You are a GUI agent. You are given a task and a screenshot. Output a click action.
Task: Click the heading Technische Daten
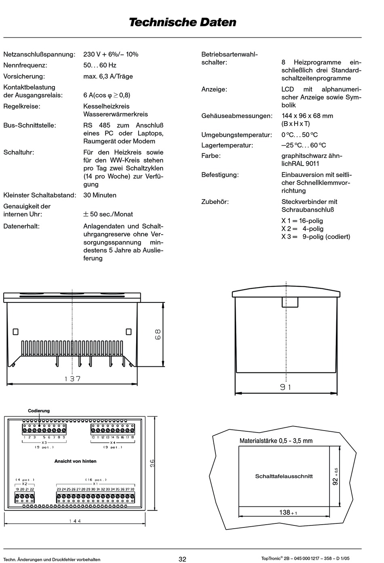point(182,22)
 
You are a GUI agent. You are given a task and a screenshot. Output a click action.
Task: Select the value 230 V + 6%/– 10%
point(111,54)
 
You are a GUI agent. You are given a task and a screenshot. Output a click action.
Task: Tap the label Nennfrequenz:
point(25,65)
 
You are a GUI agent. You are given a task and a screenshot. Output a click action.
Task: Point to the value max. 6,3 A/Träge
point(108,76)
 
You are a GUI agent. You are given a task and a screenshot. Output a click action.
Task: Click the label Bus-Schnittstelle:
point(30,125)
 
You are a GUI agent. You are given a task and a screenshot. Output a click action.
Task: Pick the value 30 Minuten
point(100,195)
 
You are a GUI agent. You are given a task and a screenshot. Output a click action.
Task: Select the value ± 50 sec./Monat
point(108,214)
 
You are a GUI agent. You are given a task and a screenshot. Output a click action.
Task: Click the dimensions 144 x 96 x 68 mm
point(307,116)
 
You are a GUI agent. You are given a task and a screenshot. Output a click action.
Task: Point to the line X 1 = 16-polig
point(302,221)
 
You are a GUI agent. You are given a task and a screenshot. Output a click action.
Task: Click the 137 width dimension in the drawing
point(73,379)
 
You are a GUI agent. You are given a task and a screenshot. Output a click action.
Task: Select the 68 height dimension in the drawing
point(158,334)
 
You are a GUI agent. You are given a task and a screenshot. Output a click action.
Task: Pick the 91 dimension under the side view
point(285,387)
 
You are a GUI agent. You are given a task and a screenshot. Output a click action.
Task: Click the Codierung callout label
point(39,411)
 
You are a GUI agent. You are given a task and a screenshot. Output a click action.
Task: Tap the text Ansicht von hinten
point(75,461)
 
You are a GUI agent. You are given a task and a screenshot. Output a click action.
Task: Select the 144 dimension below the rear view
point(75,521)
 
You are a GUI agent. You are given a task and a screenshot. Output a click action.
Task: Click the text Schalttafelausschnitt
point(284,476)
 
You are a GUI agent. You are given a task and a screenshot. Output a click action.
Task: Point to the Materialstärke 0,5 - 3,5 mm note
point(276,441)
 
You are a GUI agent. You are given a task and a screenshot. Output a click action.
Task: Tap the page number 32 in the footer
point(182,559)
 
